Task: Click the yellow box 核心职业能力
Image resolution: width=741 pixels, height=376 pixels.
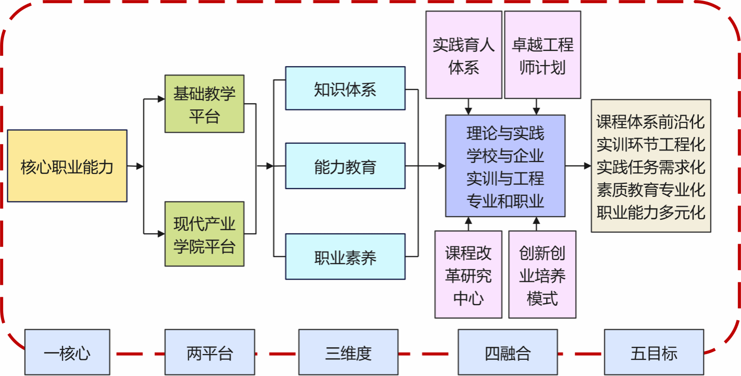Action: click(x=67, y=166)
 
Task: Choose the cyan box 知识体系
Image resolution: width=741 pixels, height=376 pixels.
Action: click(x=345, y=89)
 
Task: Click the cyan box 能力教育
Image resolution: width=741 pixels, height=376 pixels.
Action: click(x=345, y=166)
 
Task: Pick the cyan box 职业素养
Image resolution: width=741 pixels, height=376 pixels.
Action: click(x=345, y=257)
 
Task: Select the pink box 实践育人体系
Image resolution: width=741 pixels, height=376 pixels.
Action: click(x=463, y=55)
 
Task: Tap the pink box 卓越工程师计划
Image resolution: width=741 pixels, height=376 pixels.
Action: click(x=542, y=55)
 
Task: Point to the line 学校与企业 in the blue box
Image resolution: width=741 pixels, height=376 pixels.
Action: click(x=505, y=156)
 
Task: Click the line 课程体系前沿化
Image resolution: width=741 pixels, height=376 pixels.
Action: click(x=651, y=121)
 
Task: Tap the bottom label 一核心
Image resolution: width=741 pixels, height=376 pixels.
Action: click(x=67, y=353)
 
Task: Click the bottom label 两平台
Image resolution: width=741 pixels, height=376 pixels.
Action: click(x=209, y=353)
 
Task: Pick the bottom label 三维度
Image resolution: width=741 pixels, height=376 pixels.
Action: click(x=348, y=353)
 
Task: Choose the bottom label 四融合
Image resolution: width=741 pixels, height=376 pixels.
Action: click(x=508, y=353)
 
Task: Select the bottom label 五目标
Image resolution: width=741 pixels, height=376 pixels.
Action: click(x=653, y=353)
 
